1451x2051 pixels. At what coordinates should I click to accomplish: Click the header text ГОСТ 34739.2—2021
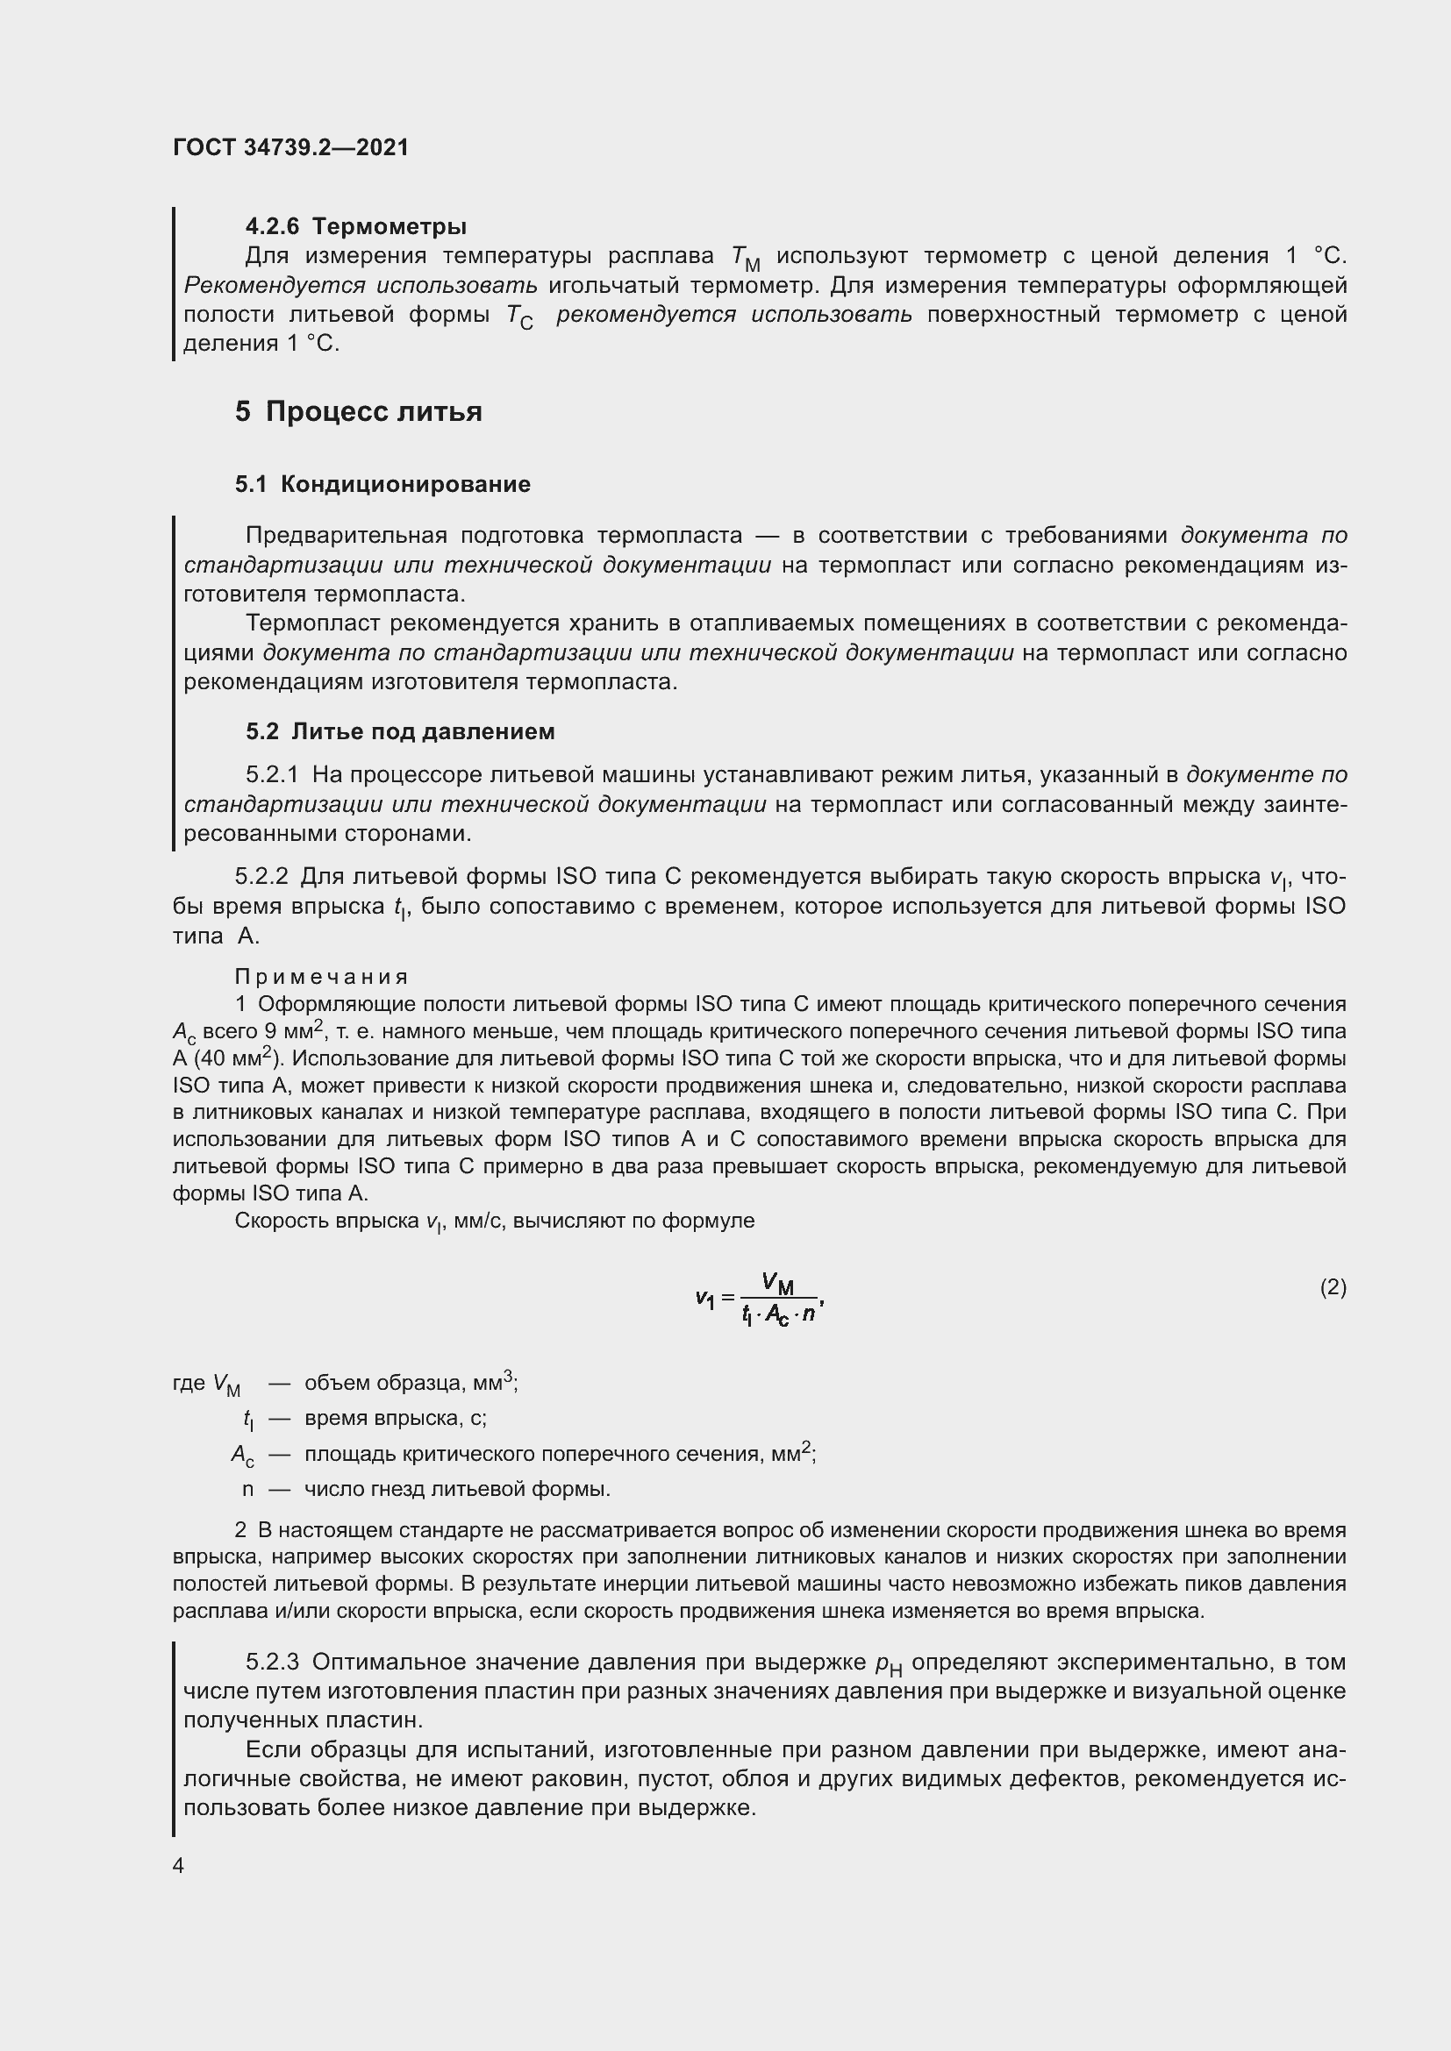(290, 147)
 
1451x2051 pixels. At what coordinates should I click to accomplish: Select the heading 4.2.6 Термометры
(355, 226)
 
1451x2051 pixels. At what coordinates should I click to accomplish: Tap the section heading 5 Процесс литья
(358, 412)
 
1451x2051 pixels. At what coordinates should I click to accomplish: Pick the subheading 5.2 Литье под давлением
(400, 731)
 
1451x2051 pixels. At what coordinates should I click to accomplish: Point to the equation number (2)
(1333, 1287)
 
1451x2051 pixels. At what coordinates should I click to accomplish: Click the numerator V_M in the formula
(778, 1285)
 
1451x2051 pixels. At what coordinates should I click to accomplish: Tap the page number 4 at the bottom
(179, 1866)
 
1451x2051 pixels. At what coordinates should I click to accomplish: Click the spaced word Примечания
(322, 976)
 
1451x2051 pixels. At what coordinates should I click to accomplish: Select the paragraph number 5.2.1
(273, 774)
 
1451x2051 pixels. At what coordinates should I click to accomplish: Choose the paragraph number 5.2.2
(261, 877)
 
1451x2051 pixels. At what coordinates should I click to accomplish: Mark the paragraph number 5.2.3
(273, 1663)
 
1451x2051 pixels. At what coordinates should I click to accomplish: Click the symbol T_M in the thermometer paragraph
(745, 258)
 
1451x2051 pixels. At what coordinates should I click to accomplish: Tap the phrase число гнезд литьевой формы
(457, 1489)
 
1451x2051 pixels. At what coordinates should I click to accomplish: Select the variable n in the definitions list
(247, 1489)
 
